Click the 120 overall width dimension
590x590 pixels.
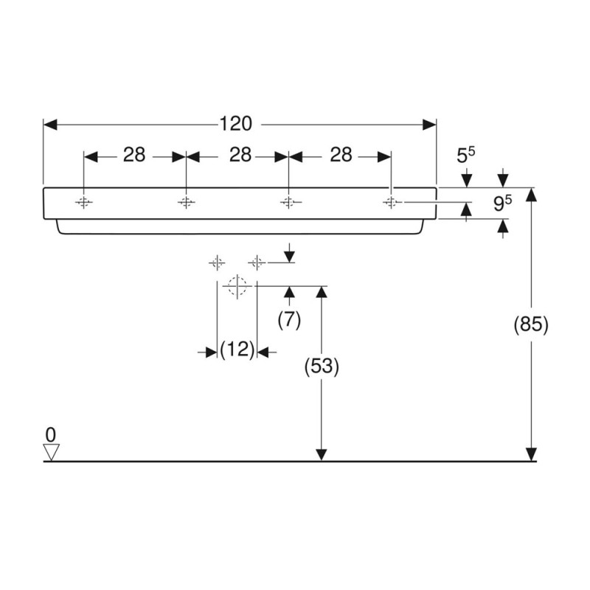click(x=235, y=124)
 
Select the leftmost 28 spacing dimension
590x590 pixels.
click(x=134, y=155)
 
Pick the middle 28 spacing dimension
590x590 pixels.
click(x=240, y=155)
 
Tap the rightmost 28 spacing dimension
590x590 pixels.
click(x=341, y=155)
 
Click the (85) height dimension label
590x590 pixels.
click(x=531, y=324)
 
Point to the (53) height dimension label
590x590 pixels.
click(x=322, y=366)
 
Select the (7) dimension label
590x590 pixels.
click(x=289, y=321)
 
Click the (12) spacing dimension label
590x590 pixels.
click(x=237, y=350)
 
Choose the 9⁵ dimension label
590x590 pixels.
click(x=503, y=204)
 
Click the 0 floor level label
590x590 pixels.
click(x=50, y=435)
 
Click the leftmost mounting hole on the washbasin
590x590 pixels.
click(x=83, y=202)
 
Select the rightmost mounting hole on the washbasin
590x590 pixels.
click(x=392, y=202)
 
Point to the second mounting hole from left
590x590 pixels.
click(x=186, y=202)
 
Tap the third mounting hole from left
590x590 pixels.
click(x=288, y=202)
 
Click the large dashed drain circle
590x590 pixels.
click(x=237, y=286)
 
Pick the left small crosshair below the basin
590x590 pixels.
click(x=217, y=263)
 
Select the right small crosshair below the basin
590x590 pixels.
click(x=257, y=263)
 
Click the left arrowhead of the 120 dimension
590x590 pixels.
click(x=50, y=125)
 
